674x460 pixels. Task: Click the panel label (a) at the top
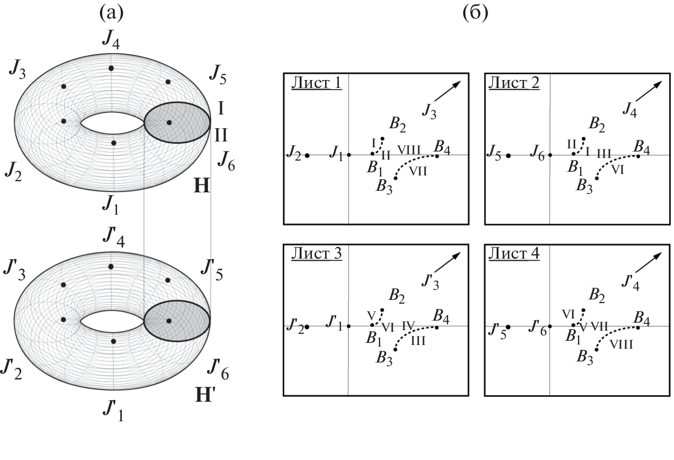click(111, 13)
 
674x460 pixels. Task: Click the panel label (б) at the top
click(475, 13)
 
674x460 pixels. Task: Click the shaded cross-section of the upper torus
click(177, 123)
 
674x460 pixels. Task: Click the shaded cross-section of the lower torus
click(177, 321)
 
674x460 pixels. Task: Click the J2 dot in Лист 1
click(307, 155)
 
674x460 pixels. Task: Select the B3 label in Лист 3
click(384, 357)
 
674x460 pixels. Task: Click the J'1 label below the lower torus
click(114, 410)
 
